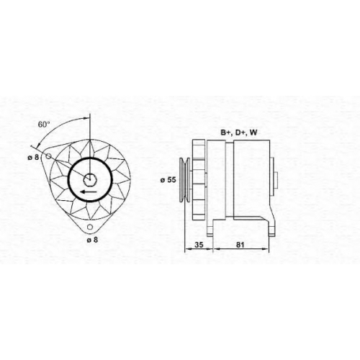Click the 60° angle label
click(44, 125)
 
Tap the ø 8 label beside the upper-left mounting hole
click(33, 158)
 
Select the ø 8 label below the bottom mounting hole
click(92, 239)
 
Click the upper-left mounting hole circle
click(48, 156)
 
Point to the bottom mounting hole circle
click(90, 227)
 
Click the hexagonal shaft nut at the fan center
click(90, 179)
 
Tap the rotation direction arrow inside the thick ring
click(89, 192)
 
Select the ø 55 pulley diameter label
click(168, 180)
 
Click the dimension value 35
click(199, 245)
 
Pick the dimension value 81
click(240, 245)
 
